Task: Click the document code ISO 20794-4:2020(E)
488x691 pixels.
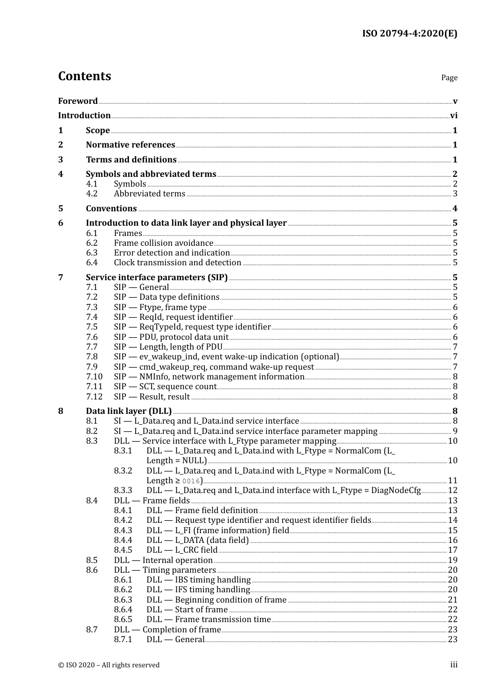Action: [409, 33]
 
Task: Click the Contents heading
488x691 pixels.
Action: [84, 76]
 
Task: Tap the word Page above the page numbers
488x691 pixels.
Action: [449, 78]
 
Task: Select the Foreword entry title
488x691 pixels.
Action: [78, 101]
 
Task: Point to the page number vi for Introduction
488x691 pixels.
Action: [454, 116]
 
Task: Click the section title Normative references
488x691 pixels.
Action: [130, 145]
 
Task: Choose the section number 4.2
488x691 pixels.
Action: [92, 194]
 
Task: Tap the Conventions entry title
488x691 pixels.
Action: [111, 209]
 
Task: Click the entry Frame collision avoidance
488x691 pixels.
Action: [163, 243]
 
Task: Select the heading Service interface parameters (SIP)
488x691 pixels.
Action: [157, 278]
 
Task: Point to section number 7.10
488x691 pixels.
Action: [94, 377]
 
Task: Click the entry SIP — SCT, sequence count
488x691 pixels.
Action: [165, 387]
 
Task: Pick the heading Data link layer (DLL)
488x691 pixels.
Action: [128, 411]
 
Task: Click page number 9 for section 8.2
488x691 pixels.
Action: [455, 431]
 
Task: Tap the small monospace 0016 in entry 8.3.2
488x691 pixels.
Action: [191, 481]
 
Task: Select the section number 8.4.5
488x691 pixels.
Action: [123, 550]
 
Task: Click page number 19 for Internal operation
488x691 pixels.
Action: [453, 560]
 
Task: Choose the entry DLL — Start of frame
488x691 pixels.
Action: [187, 610]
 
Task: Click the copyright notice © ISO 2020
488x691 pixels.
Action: [109, 665]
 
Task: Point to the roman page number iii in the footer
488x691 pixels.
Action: [454, 665]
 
